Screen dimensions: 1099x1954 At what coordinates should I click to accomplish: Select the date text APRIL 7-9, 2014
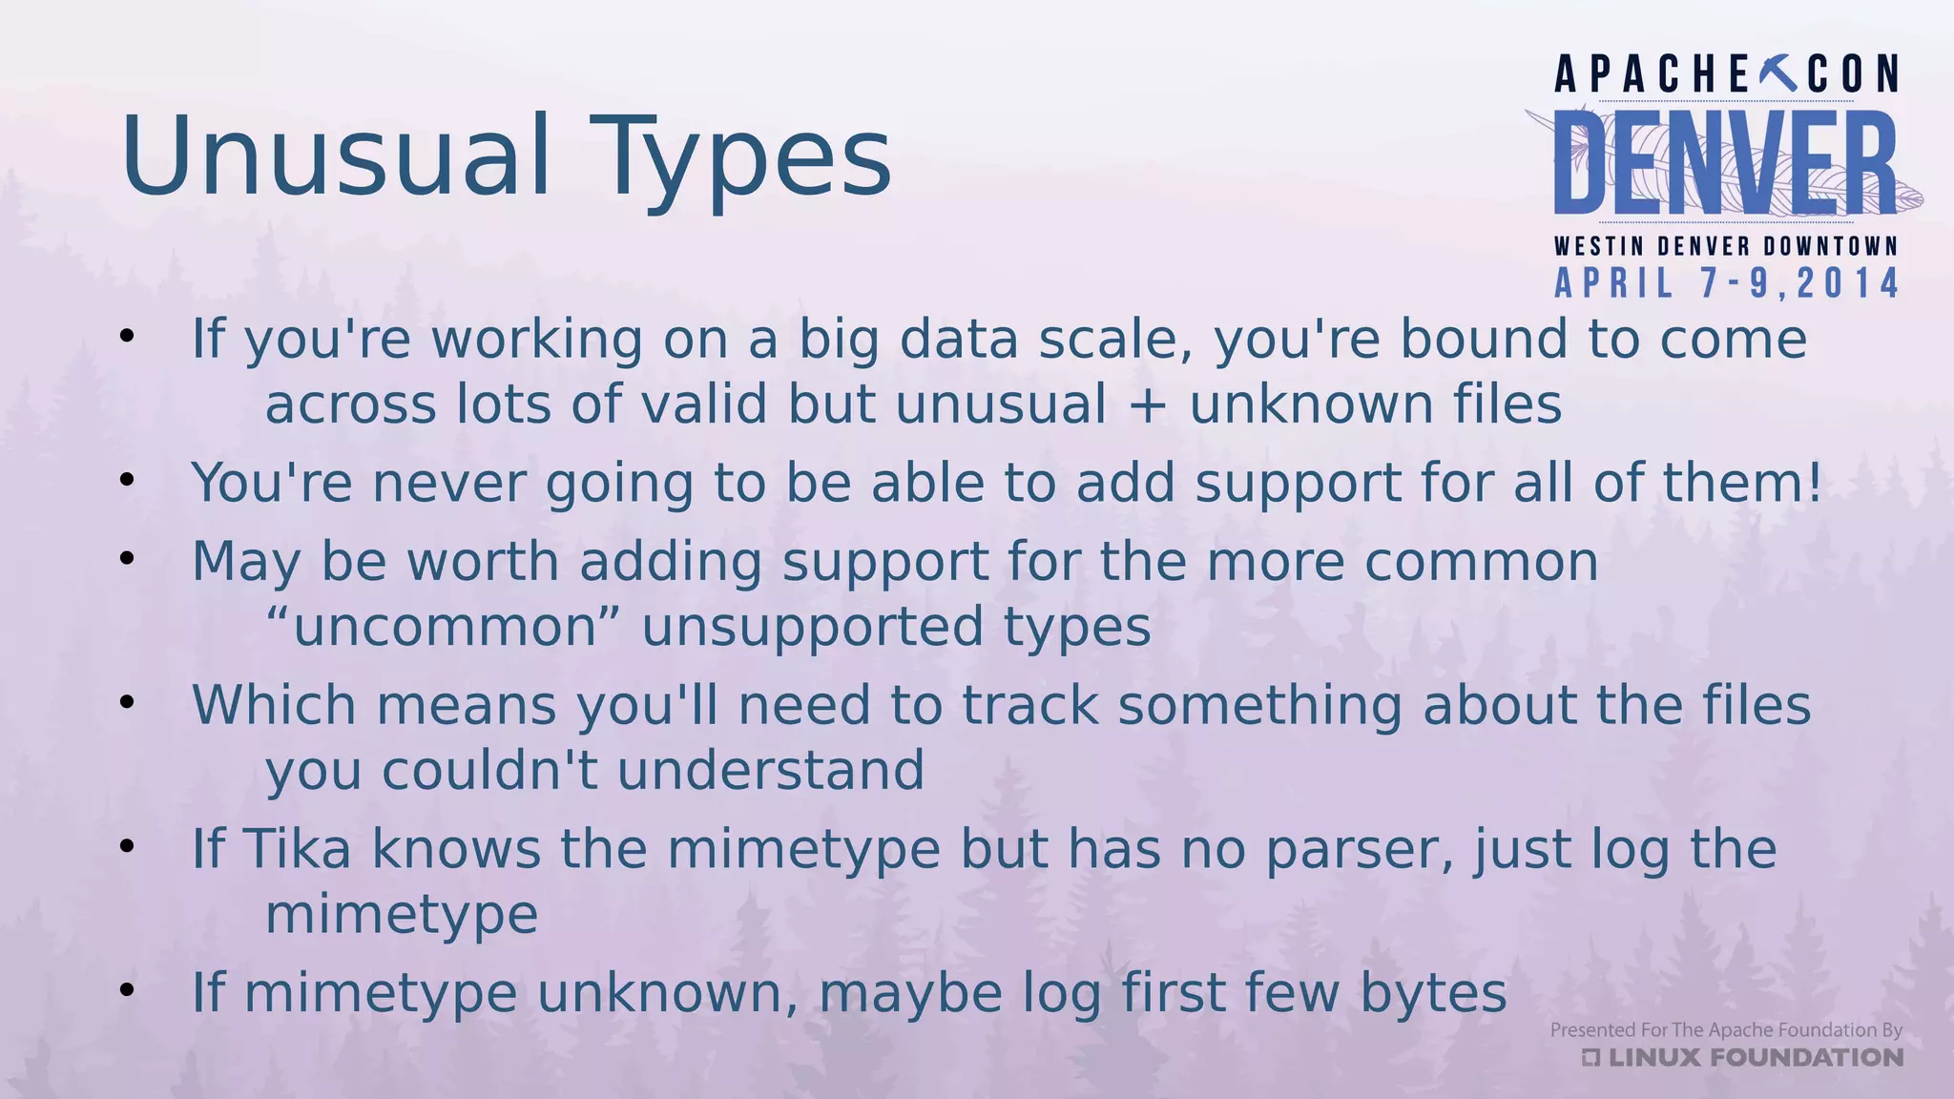click(x=1727, y=284)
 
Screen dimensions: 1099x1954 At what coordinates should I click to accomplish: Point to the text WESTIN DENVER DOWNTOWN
click(x=1726, y=246)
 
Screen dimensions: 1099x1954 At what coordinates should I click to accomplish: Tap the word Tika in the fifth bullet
click(x=297, y=848)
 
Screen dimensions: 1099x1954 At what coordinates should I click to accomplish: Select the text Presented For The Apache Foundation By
click(x=1725, y=1029)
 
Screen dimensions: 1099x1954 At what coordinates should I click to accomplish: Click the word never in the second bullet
click(x=448, y=483)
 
